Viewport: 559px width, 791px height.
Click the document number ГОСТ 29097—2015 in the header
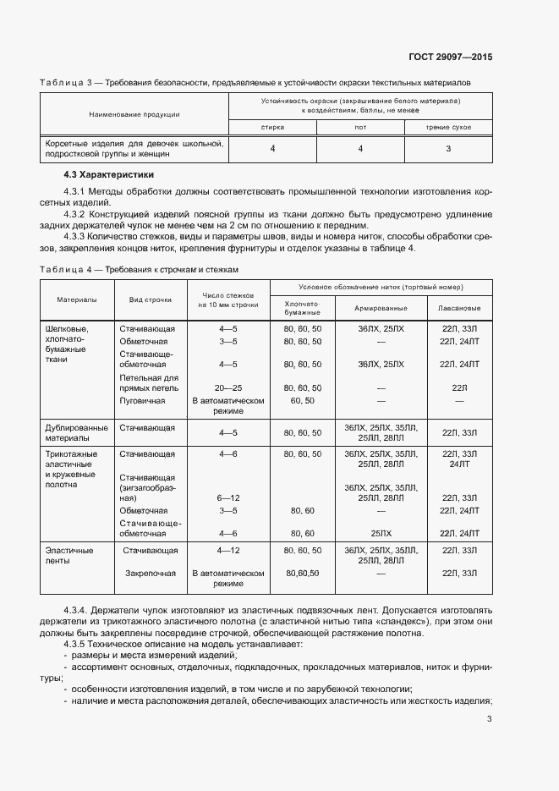click(x=452, y=58)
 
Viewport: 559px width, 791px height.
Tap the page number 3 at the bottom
click(x=490, y=720)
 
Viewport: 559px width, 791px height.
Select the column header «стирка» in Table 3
click(x=272, y=127)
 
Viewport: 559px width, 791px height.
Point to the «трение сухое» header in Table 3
click(x=448, y=127)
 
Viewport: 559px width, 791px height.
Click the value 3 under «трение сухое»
click(x=448, y=149)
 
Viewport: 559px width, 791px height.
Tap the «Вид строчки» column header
click(x=151, y=299)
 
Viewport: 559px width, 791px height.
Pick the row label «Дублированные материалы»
click(x=76, y=433)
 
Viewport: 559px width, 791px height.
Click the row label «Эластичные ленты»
click(x=69, y=555)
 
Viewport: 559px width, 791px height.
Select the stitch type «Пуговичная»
click(x=142, y=400)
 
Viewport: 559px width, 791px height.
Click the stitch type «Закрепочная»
click(x=151, y=573)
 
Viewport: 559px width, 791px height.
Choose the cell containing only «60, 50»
click(x=302, y=400)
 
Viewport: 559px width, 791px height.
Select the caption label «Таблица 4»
click(x=67, y=269)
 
